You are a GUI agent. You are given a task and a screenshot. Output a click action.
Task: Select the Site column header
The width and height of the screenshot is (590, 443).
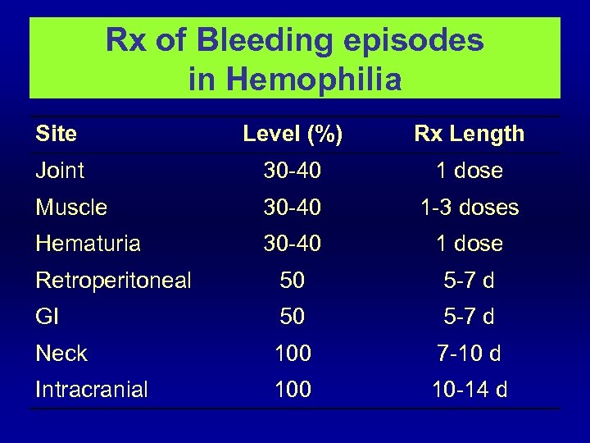(x=57, y=134)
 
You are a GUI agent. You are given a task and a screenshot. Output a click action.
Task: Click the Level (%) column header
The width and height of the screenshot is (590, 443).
(x=293, y=134)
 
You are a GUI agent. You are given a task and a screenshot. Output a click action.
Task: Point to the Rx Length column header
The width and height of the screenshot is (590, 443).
(x=470, y=134)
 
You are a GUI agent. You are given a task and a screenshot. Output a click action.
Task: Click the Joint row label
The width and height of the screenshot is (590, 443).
(x=60, y=171)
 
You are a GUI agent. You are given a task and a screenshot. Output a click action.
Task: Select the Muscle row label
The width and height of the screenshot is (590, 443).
(x=71, y=208)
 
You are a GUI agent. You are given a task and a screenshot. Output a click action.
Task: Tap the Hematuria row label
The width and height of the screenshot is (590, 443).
(x=88, y=244)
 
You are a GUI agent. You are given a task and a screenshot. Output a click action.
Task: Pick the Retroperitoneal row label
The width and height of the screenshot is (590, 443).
(x=113, y=281)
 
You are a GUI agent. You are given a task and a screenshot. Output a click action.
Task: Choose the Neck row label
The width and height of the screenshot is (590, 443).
(x=61, y=354)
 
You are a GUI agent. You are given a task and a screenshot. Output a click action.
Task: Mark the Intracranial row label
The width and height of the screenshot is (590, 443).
(x=92, y=390)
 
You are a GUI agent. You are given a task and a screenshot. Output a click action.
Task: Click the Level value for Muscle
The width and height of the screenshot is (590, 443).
(x=293, y=208)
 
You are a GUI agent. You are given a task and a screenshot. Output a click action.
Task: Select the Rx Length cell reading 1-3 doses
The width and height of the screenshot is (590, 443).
(x=470, y=208)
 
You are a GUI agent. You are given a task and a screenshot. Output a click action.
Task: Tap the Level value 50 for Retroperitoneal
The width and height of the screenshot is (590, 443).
(x=293, y=281)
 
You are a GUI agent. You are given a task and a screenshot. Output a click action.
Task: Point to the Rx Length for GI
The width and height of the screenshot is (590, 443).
(x=470, y=317)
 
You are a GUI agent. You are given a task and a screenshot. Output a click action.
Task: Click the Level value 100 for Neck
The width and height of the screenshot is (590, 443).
(x=293, y=354)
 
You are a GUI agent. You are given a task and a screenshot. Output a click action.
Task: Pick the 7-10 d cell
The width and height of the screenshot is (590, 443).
(x=470, y=354)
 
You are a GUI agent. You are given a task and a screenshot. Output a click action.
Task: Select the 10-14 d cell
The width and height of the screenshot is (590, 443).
(x=470, y=390)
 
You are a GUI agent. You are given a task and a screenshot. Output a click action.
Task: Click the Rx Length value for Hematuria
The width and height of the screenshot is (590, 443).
(x=470, y=244)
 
